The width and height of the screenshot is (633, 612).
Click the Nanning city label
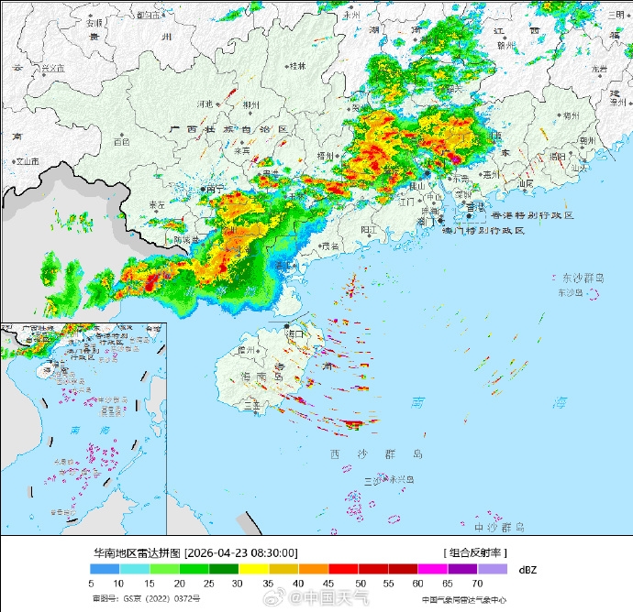216,189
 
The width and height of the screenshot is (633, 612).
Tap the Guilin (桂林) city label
297,66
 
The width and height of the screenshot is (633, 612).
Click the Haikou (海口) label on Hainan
295,335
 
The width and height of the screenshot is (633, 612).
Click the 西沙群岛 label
377,454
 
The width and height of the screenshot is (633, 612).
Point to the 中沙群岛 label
499,528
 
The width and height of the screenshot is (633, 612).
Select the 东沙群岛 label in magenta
583,277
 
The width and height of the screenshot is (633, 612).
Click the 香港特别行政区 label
532,215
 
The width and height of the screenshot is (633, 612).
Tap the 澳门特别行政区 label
483,231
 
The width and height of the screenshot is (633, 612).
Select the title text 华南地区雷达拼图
137,552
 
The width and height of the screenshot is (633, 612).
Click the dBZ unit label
527,570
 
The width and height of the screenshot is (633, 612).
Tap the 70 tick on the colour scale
477,584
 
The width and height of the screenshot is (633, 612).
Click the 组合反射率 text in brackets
476,552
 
